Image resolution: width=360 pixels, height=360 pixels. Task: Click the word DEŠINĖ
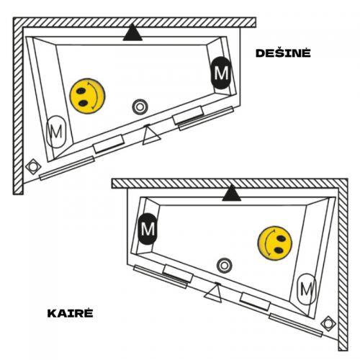coord(283,53)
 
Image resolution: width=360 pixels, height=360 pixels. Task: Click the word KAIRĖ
coord(71,312)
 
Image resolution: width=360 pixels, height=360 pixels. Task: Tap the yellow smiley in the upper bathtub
coord(87,96)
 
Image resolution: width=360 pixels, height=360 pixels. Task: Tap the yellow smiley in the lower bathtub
coord(275,243)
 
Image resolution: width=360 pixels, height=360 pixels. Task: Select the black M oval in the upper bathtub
coord(221,73)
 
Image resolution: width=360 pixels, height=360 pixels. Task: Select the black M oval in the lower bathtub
coord(148,229)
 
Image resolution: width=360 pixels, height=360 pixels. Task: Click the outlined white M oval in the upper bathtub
coord(56,132)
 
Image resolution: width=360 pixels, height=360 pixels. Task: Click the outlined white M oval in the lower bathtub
coord(307,289)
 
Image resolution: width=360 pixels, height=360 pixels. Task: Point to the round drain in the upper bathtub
coord(140,107)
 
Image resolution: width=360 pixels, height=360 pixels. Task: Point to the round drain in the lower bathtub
coord(225,266)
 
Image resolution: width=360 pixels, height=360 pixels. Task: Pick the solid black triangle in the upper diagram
coord(132,32)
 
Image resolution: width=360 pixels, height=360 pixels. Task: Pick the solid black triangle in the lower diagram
coord(232,193)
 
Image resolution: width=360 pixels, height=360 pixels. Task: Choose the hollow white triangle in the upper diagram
coord(150,135)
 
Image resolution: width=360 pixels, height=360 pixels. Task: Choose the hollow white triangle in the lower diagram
coord(214,293)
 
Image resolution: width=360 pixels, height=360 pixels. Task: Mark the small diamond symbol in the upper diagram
coord(33,166)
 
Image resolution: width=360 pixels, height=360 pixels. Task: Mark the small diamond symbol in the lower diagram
coord(328,323)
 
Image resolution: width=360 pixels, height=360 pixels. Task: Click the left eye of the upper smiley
coord(81,91)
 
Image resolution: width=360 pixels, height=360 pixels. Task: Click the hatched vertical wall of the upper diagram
coord(18,106)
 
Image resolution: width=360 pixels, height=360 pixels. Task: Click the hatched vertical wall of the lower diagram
coord(343,265)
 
